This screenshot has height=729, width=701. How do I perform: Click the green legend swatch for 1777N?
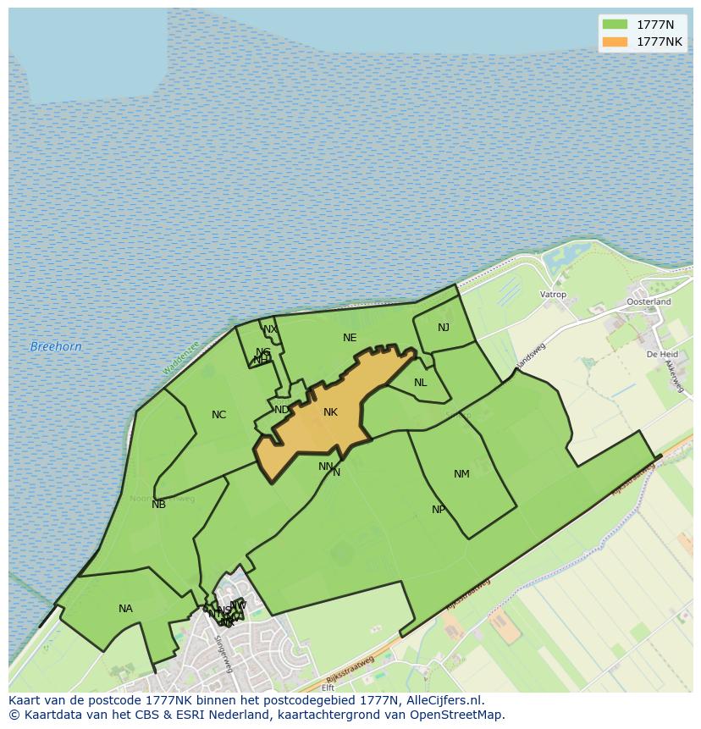point(615,24)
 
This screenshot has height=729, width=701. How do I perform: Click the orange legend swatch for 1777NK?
point(615,41)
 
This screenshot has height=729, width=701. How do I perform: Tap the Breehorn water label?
point(56,346)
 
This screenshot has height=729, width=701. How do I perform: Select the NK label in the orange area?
point(330,412)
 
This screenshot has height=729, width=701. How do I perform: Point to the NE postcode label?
point(350,337)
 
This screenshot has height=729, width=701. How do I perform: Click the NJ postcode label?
point(444,328)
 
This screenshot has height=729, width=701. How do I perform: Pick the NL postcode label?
point(421,382)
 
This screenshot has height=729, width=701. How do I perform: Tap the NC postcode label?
point(218,414)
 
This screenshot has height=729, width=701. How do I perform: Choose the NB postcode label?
point(158,505)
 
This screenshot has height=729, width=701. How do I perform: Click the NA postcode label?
point(125,608)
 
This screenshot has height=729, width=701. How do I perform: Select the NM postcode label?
point(461,473)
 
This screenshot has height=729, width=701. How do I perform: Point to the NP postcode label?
point(439,509)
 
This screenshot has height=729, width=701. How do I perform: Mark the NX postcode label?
point(270,329)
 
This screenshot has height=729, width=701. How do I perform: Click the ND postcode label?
point(282,410)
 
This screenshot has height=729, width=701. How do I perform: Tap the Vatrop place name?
point(553,295)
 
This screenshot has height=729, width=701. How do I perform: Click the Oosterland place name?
point(649,301)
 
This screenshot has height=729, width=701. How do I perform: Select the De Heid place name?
point(662,354)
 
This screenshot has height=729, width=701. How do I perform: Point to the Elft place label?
point(328,688)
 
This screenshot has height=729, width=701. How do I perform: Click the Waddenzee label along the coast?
point(181,358)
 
